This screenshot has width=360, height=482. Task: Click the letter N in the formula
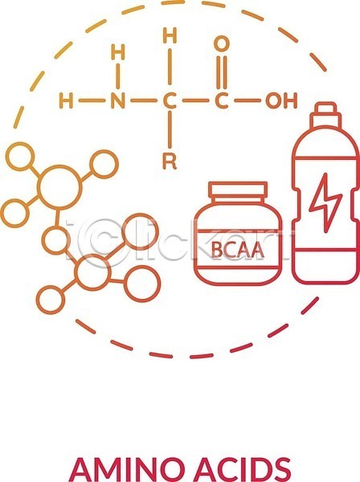click(x=118, y=100)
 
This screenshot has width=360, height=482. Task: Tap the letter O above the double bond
click(x=221, y=43)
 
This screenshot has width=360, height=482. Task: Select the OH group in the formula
click(x=281, y=100)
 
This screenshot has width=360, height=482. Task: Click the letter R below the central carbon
click(x=170, y=161)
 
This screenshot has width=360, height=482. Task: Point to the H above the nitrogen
click(x=118, y=51)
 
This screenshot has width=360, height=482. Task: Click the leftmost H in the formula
click(x=66, y=100)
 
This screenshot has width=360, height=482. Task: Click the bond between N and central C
click(x=143, y=100)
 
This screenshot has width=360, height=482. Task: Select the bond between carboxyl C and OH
click(x=247, y=100)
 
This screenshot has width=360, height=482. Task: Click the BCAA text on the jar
click(x=238, y=250)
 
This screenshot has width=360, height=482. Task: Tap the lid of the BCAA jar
click(x=238, y=190)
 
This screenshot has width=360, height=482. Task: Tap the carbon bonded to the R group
click(x=170, y=100)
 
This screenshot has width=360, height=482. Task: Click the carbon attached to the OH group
click(x=221, y=100)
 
